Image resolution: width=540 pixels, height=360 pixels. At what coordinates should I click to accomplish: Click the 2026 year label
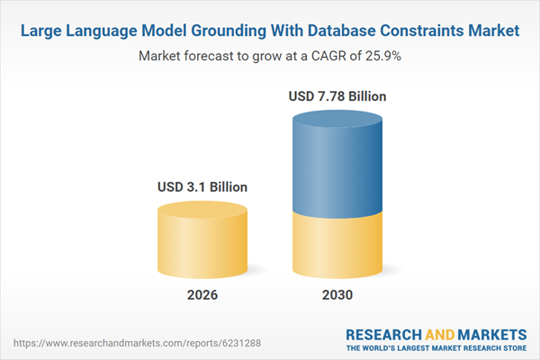[202, 295]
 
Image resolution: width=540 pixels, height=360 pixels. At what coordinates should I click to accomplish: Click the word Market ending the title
[496, 31]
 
